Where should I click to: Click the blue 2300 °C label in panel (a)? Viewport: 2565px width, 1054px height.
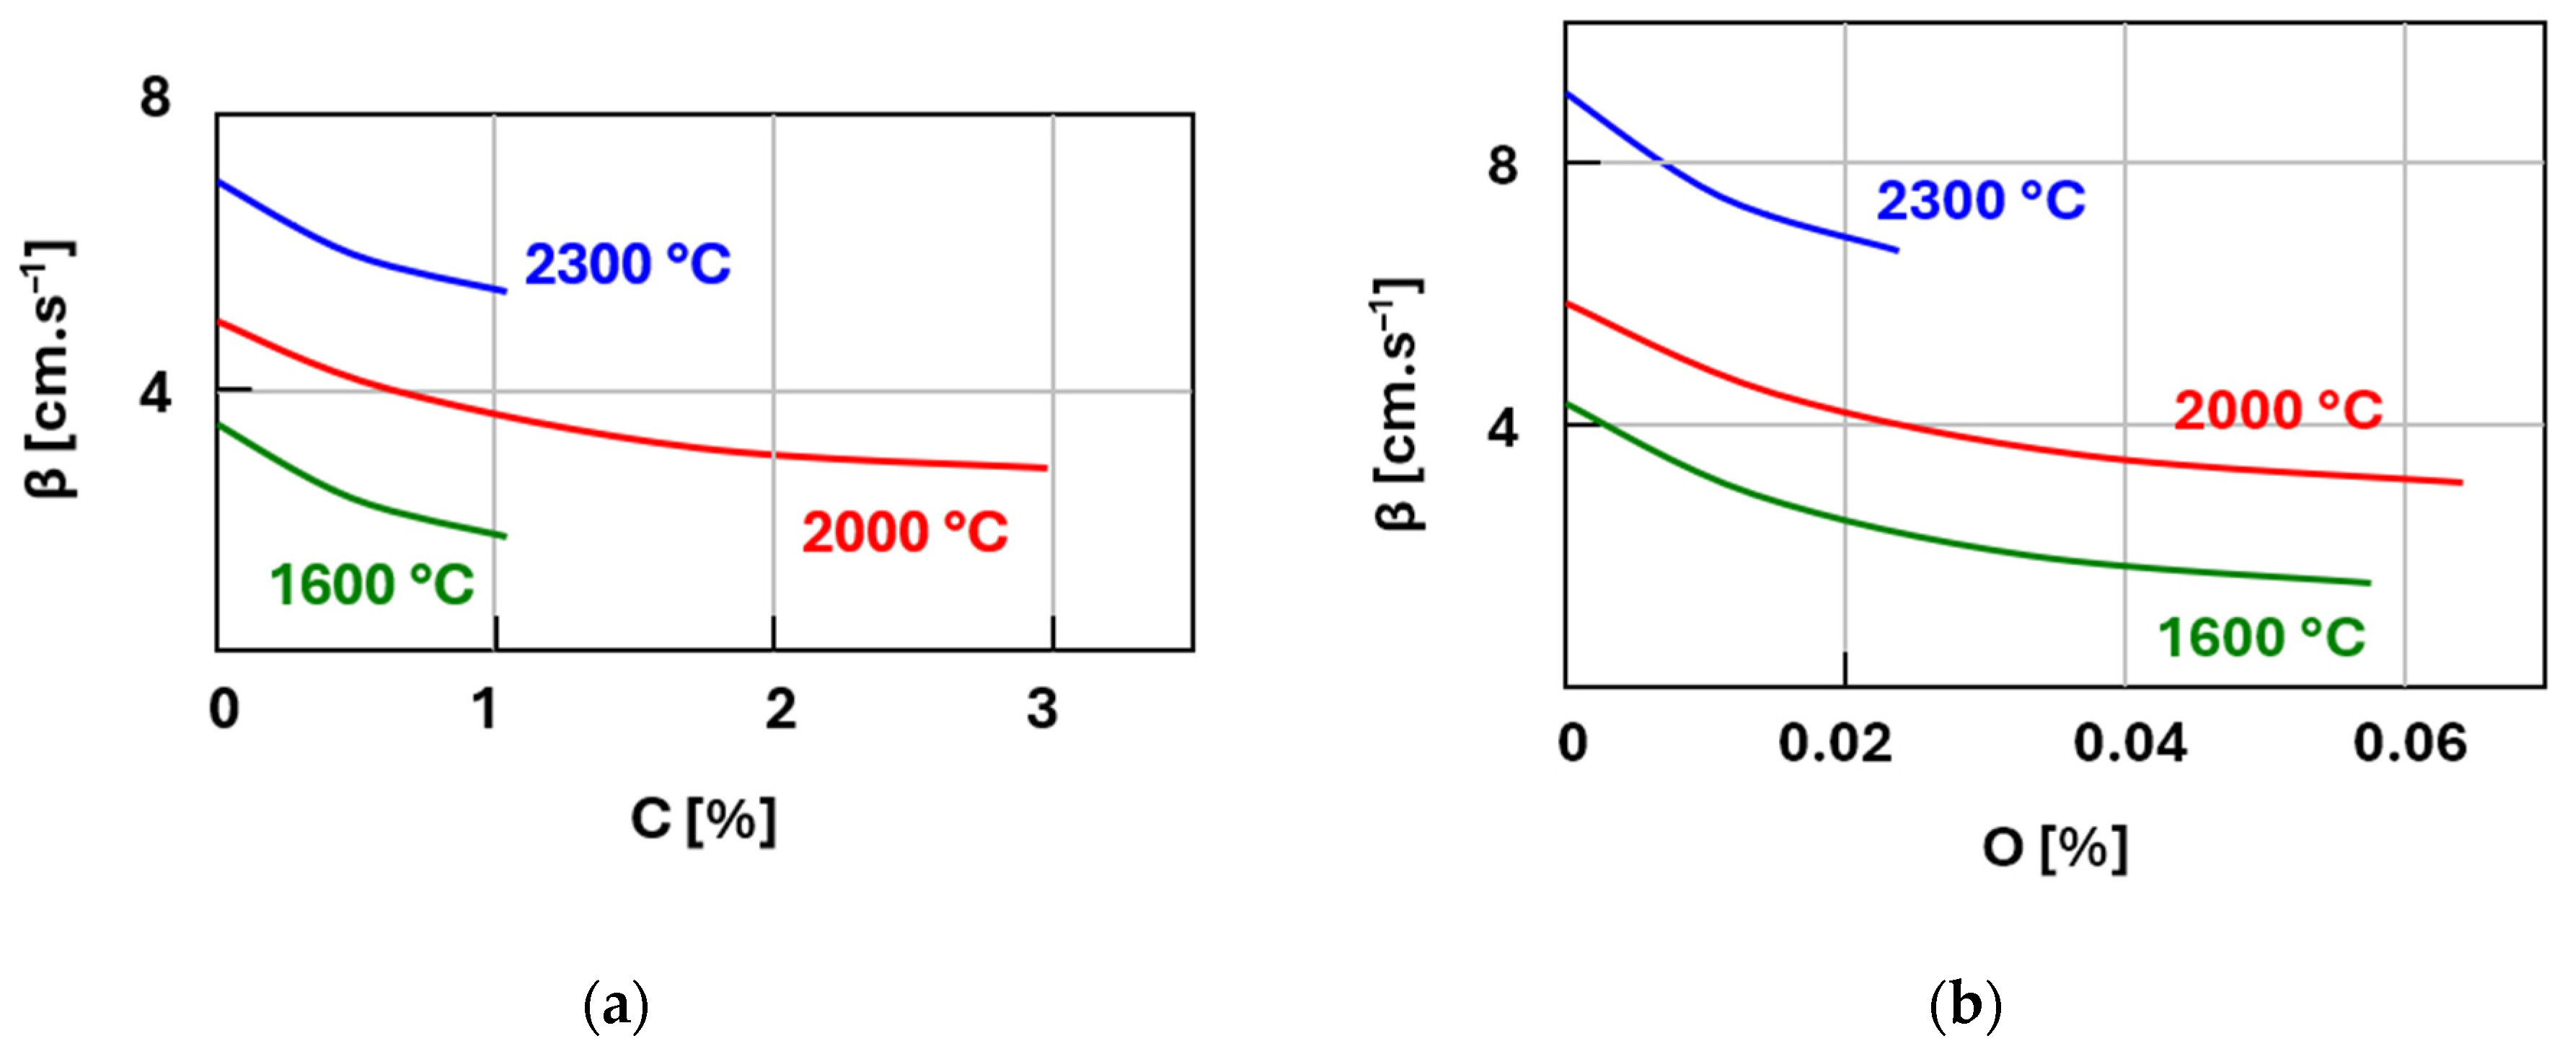(x=627, y=265)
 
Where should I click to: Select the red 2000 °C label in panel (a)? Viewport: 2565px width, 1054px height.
(x=904, y=533)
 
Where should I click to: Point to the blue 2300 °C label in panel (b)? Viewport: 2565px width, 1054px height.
(x=1980, y=201)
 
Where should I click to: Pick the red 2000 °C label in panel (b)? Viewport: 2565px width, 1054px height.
(x=2278, y=410)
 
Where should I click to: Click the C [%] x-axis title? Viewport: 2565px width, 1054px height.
(x=703, y=820)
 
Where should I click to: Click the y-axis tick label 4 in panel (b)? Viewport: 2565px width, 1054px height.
(x=1503, y=428)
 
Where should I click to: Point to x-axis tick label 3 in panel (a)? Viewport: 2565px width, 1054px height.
(x=1041, y=709)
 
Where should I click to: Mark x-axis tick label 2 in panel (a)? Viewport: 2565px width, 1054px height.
(x=781, y=709)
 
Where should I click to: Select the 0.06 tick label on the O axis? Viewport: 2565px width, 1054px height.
(x=2410, y=743)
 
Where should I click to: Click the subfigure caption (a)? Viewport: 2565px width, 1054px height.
(x=615, y=1006)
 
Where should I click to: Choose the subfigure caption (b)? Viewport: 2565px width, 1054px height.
(x=1966, y=1006)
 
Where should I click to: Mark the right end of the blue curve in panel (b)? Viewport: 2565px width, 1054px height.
(x=1897, y=250)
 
